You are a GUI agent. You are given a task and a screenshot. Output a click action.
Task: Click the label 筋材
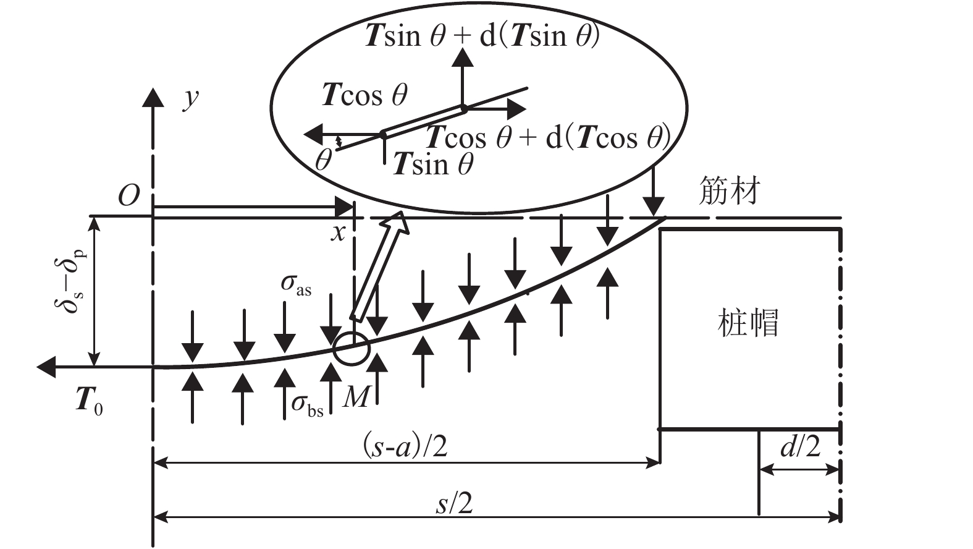point(729,191)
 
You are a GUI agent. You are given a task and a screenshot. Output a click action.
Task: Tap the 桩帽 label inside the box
point(748,322)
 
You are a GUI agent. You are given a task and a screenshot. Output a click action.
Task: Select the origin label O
point(128,196)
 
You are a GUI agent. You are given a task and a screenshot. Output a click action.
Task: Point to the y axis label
point(191,98)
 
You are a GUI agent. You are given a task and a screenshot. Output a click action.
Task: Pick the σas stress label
point(296,285)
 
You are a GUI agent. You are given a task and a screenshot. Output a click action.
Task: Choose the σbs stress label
point(307,405)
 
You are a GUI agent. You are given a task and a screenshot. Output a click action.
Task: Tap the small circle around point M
point(351,349)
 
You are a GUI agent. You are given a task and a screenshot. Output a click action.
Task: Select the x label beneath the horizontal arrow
point(338,233)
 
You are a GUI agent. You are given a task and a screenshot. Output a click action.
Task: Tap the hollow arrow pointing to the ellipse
point(379,266)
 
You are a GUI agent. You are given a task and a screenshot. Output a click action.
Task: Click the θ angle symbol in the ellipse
point(323,160)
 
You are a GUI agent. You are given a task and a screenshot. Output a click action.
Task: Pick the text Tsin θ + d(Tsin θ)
point(482,36)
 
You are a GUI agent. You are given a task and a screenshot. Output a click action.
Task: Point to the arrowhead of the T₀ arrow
point(47,367)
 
